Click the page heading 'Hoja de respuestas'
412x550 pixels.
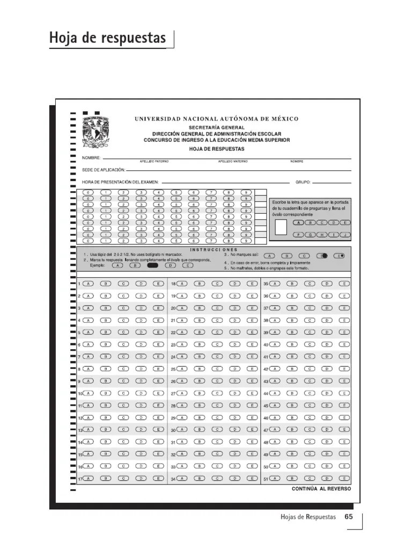(108, 38)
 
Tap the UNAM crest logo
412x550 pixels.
(95, 131)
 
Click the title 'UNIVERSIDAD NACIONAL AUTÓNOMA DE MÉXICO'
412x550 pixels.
(216, 119)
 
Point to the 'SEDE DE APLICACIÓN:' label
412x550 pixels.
(103, 170)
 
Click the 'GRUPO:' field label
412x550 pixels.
(303, 182)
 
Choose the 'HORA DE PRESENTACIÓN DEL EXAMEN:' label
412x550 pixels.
(120, 182)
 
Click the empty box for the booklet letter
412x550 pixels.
(281, 227)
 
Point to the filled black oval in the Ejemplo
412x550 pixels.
(152, 265)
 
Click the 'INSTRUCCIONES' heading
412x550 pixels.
(213, 250)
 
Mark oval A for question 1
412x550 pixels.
(88, 284)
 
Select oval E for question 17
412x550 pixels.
(159, 478)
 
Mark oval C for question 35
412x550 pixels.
(310, 284)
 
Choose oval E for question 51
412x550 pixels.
(344, 478)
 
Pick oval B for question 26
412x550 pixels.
(199, 381)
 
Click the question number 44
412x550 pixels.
(265, 394)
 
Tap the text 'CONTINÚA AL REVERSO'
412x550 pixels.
(321, 489)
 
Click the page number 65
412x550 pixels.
(348, 517)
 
